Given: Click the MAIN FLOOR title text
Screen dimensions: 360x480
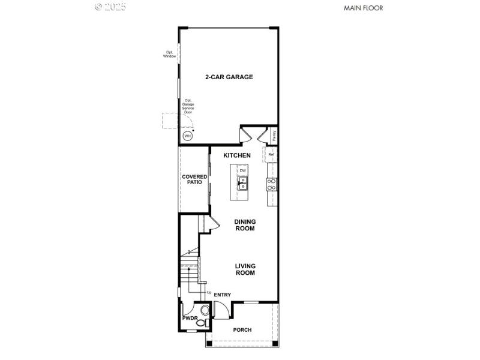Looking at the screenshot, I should coord(362,8).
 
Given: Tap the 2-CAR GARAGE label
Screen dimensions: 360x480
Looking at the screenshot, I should coord(229,77).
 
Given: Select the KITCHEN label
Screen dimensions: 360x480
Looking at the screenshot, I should coord(237,155).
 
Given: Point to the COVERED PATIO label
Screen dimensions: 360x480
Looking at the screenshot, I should coord(194,179).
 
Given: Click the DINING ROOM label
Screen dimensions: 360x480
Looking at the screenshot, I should coord(245,225).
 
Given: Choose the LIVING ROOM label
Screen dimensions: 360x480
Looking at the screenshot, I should coord(245,269).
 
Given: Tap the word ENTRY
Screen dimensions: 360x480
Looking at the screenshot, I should coord(223,295).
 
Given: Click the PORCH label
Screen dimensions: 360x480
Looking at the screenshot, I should coord(242,330).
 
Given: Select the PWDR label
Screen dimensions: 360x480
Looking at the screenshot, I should coord(190,318).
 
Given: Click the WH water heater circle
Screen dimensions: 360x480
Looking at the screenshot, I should coord(188,136).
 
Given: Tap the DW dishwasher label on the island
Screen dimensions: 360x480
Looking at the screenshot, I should coord(243,171).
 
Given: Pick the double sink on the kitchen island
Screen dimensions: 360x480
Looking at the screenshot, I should coord(243,182).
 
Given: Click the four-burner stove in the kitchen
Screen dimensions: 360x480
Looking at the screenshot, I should coord(272,184).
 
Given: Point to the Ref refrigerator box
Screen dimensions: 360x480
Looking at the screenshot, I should coord(271,155).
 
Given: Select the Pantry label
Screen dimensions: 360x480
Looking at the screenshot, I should coord(274,136).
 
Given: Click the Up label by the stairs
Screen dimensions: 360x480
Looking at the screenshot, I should coord(209,292).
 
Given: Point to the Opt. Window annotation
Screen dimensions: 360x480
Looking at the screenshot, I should coord(170,54).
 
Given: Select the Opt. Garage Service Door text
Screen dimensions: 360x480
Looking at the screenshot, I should coord(188,106).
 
